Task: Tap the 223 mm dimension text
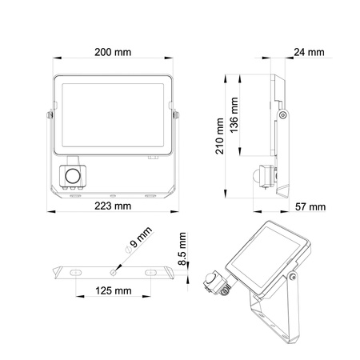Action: (x=112, y=206)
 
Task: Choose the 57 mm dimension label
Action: (x=310, y=206)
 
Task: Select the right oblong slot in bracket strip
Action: (x=150, y=273)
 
